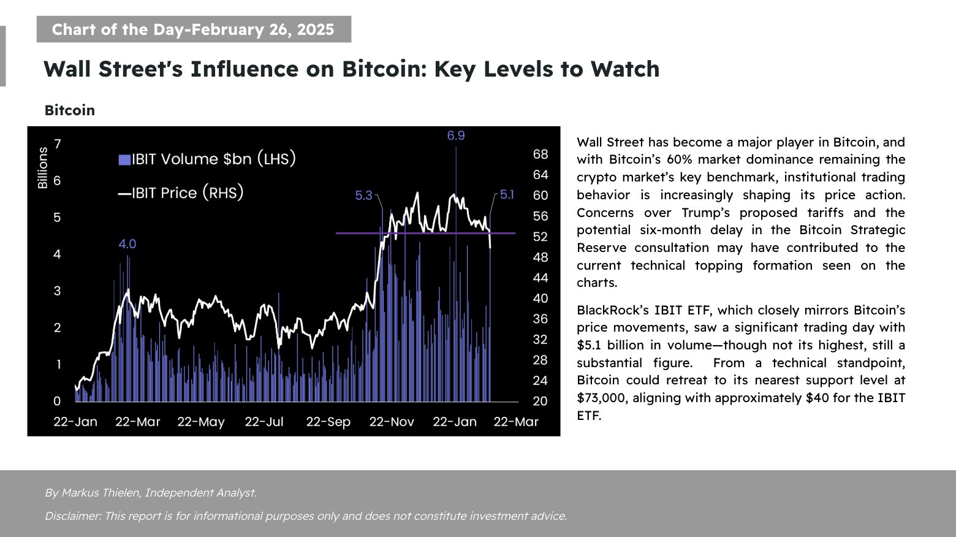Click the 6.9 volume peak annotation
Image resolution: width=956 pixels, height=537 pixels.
455,135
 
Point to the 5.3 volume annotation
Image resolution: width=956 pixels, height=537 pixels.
363,196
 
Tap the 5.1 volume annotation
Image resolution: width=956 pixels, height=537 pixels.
507,195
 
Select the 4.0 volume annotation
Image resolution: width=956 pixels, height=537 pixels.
127,244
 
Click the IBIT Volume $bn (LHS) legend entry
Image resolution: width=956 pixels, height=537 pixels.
207,159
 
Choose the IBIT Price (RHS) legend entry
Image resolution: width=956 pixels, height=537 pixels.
181,193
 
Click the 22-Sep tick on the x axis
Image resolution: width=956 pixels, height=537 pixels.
328,422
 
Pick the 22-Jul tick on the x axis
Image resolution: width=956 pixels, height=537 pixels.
264,422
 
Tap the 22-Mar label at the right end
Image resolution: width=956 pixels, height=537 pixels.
516,422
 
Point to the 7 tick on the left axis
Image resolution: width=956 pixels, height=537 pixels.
57,145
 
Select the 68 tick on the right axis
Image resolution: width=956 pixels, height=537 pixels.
540,154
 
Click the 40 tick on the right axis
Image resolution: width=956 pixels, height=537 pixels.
540,299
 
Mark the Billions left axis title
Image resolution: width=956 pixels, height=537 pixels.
42,168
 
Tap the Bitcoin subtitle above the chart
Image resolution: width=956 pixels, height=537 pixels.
70,110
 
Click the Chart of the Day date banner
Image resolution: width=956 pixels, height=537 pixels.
193,29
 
